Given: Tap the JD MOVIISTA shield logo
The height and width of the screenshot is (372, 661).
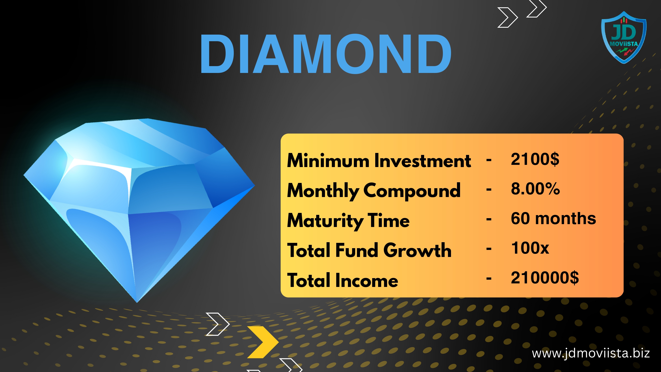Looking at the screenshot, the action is pyautogui.click(x=624, y=37).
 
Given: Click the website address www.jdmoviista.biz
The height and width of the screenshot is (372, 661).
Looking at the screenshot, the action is pyautogui.click(x=591, y=353).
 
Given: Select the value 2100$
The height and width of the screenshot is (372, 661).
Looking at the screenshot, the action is pyautogui.click(x=535, y=159).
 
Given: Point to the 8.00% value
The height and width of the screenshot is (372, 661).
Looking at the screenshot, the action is pyautogui.click(x=535, y=189).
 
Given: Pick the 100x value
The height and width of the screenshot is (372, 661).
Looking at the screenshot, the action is pyautogui.click(x=530, y=248).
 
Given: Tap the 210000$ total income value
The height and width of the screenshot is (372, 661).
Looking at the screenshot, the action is pyautogui.click(x=545, y=277).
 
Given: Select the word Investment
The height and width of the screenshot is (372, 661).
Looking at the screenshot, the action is pyautogui.click(x=423, y=161).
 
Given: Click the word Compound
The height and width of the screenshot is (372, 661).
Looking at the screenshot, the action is pyautogui.click(x=412, y=191).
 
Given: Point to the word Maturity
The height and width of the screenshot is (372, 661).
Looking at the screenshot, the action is pyautogui.click(x=324, y=221).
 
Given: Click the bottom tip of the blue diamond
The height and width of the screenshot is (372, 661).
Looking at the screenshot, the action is pyautogui.click(x=137, y=303).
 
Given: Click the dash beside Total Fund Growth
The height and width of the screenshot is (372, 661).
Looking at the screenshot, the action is pyautogui.click(x=489, y=249).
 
